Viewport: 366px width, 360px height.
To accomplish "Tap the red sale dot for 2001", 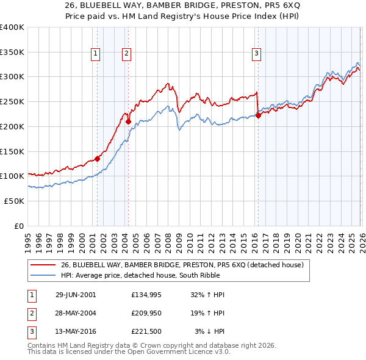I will point(98,159).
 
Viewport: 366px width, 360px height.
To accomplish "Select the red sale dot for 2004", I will point(129,121).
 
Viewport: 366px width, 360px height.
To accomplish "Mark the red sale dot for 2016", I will point(258,115).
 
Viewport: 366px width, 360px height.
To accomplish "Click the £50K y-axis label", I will point(13,201).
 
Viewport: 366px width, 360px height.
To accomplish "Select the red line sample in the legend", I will point(43,265).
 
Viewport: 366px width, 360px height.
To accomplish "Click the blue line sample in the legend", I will point(43,275).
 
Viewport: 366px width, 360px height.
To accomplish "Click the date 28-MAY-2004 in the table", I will point(76,313).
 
